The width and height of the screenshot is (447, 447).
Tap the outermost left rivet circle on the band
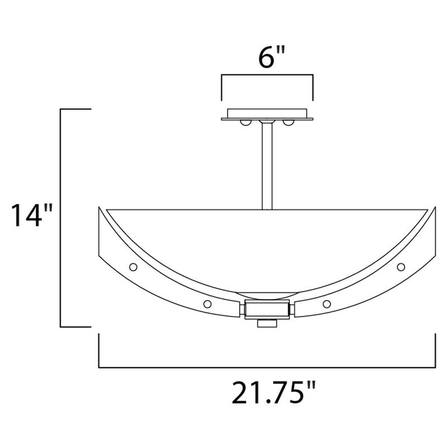coord(132,265)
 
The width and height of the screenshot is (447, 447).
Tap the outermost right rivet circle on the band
coord(401,265)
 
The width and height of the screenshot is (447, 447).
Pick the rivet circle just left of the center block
coord(207,303)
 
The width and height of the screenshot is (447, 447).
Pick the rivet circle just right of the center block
coord(326,303)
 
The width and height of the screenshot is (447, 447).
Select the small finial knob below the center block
coord(267,324)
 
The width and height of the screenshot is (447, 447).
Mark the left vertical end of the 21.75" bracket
coord(99,351)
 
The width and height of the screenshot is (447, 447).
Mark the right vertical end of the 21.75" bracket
coord(435,351)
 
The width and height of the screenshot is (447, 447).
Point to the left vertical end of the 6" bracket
coord(222,87)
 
